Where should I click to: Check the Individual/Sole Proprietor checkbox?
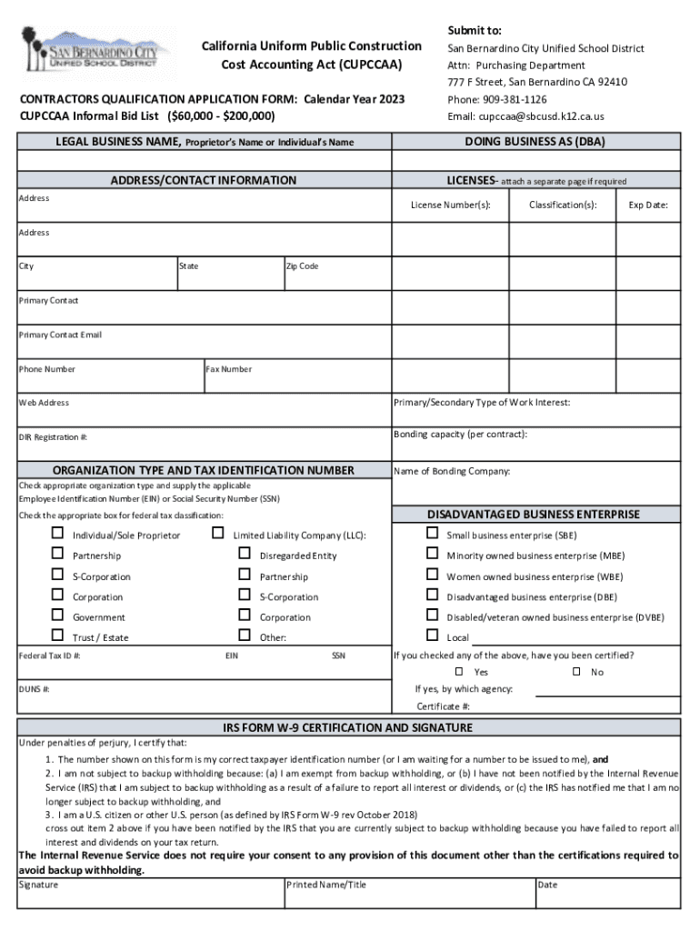click(57, 534)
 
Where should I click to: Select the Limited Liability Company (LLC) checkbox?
click(218, 534)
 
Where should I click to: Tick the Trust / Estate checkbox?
click(57, 636)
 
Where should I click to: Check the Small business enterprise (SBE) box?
click(432, 534)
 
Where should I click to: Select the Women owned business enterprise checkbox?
click(432, 575)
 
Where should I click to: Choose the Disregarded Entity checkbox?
click(244, 554)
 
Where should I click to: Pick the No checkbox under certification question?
click(575, 672)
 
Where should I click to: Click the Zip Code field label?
click(302, 266)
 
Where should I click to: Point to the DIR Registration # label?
click(53, 437)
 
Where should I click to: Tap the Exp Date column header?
click(648, 205)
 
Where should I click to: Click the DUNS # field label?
click(35, 689)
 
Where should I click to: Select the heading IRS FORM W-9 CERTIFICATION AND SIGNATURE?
click(348, 728)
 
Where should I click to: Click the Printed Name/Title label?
click(326, 885)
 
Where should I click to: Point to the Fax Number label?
click(229, 369)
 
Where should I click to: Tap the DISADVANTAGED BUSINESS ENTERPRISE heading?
click(534, 515)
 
